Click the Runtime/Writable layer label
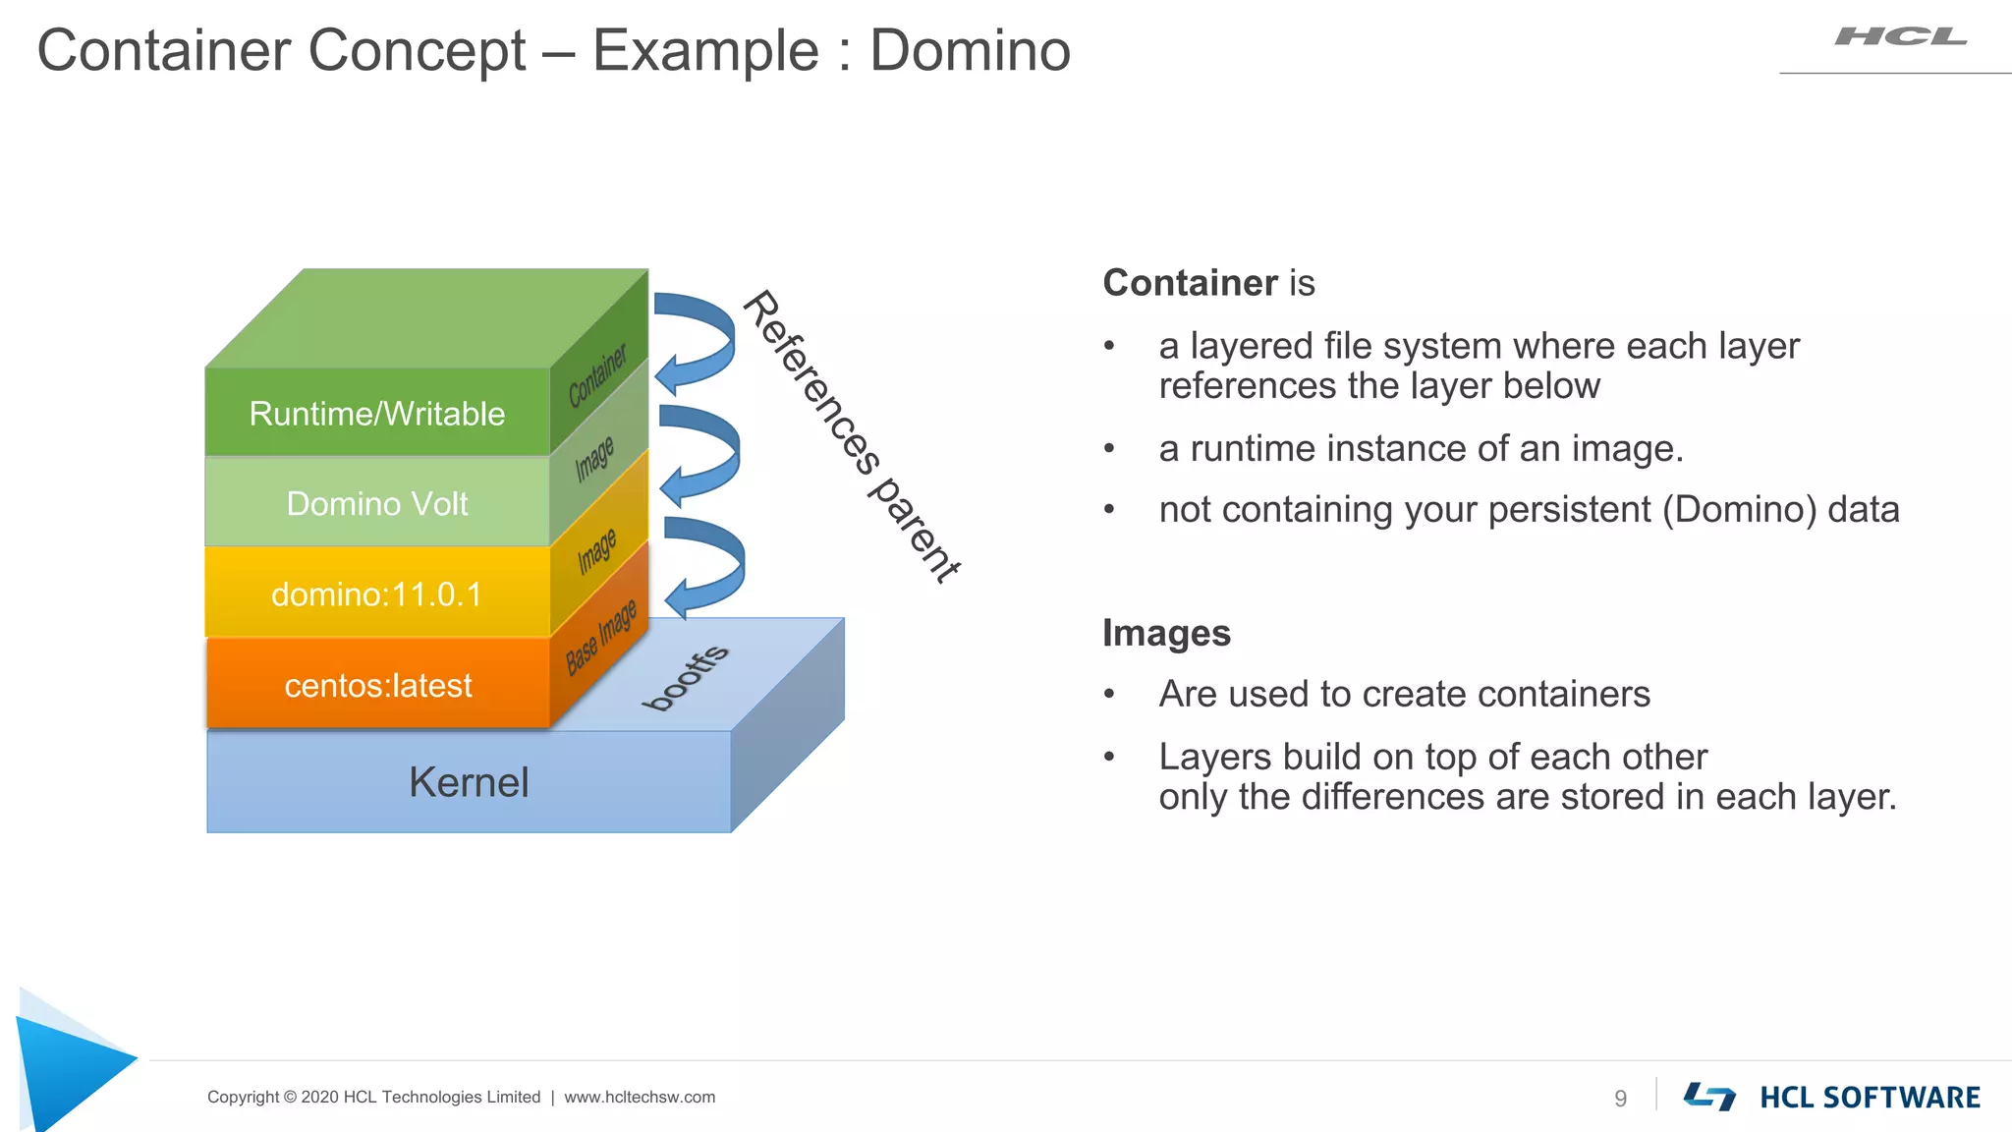point(377,414)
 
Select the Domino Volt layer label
point(377,504)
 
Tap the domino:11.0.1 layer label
point(377,594)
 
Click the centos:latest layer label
point(378,685)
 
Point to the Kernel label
point(469,782)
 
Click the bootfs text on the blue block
point(686,677)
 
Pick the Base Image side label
point(601,638)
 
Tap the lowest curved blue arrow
point(705,567)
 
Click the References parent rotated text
point(851,436)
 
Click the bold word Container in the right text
point(1189,283)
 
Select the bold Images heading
point(1166,633)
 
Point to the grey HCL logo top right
point(1900,37)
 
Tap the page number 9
point(1620,1098)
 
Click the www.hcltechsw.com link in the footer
point(640,1097)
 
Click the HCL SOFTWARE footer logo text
point(1870,1098)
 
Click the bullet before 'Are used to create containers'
point(1109,695)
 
